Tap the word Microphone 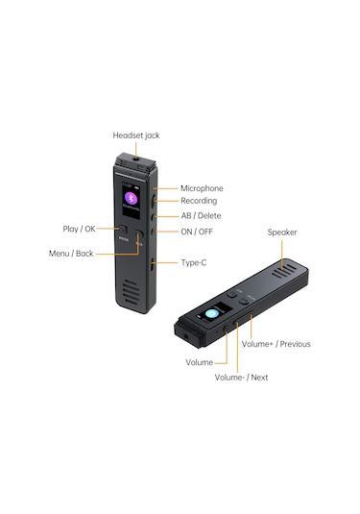click(x=202, y=188)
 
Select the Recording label click(x=200, y=201)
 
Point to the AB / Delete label click(x=201, y=216)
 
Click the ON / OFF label click(x=198, y=232)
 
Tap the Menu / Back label click(x=72, y=254)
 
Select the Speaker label click(x=281, y=232)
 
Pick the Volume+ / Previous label click(x=276, y=344)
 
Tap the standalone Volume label click(x=199, y=362)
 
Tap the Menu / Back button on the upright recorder click(x=138, y=240)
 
